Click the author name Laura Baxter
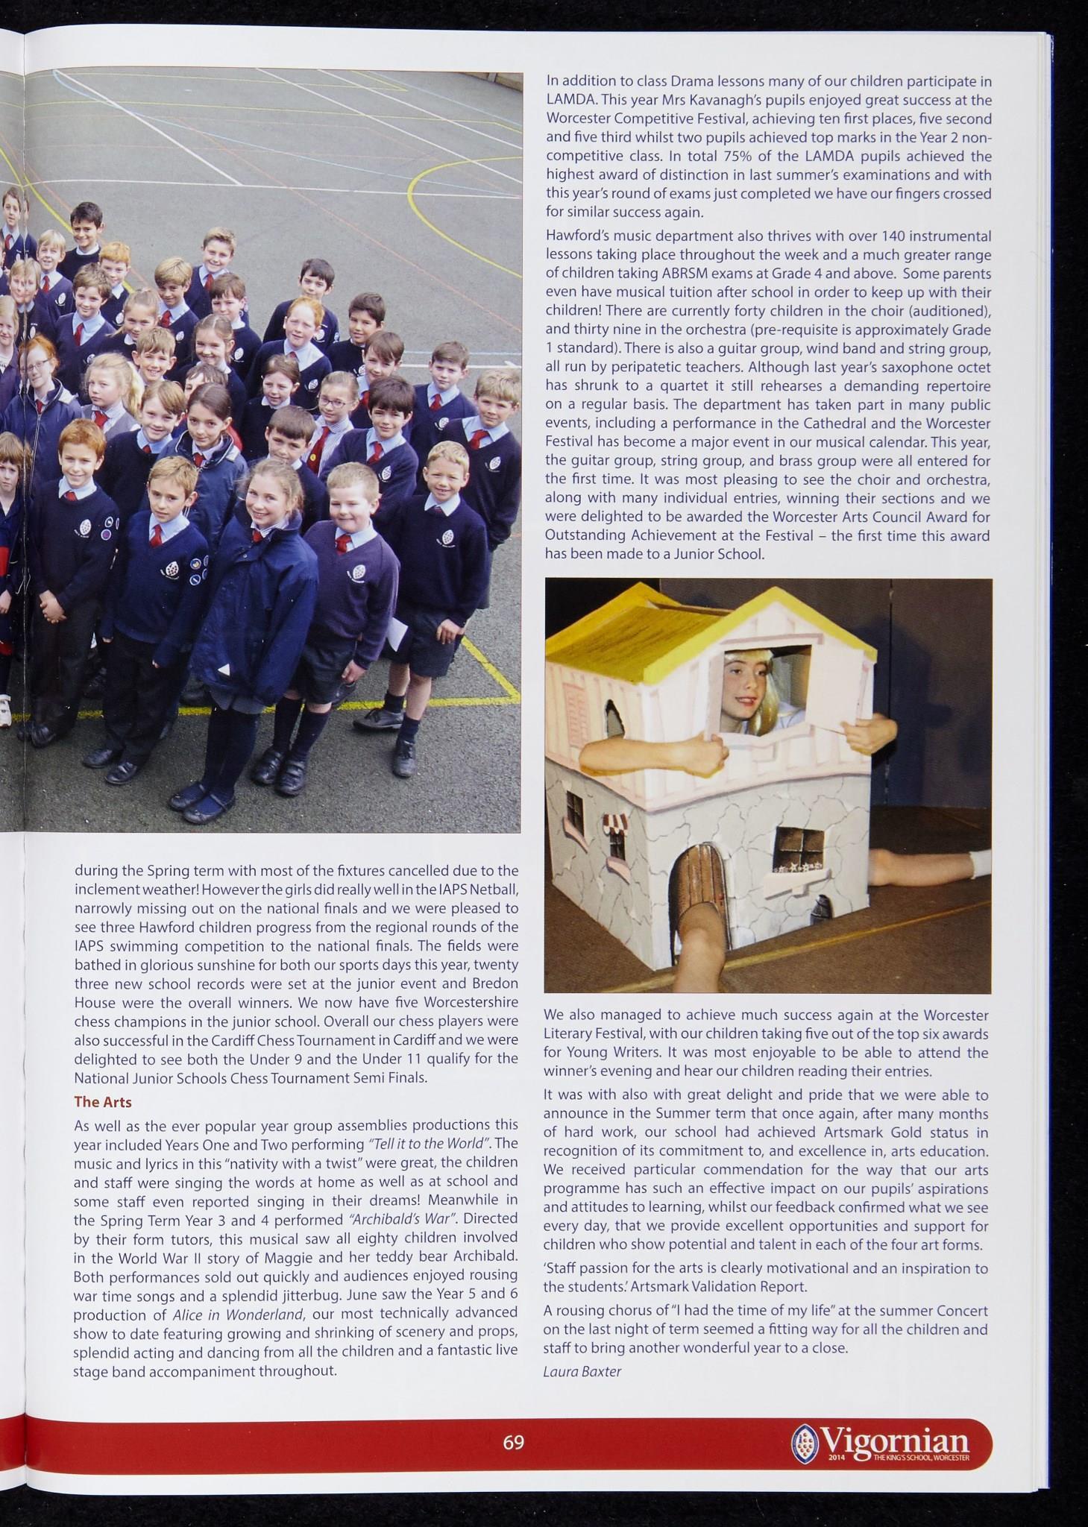click(582, 1370)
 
